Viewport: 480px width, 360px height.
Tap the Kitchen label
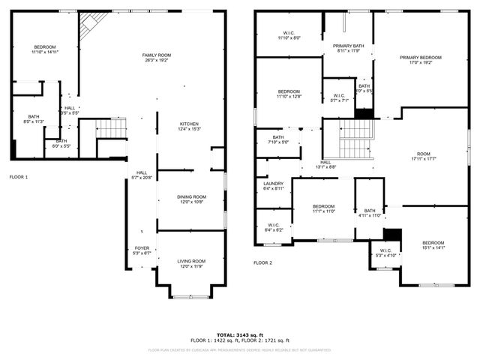(189, 126)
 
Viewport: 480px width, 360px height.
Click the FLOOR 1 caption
(19, 177)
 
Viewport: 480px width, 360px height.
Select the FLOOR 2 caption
(262, 262)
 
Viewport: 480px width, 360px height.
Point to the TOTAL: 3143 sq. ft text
(240, 334)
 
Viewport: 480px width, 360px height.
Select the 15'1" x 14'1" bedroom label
(433, 245)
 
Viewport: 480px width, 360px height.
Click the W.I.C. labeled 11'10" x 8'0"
(289, 34)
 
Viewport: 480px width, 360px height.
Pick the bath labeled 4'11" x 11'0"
(370, 213)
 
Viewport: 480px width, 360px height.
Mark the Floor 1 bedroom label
(44, 49)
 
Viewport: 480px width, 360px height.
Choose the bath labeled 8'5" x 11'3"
(34, 118)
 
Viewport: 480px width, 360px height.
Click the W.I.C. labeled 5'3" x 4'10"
(385, 253)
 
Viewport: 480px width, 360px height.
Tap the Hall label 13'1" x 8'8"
(326, 164)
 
